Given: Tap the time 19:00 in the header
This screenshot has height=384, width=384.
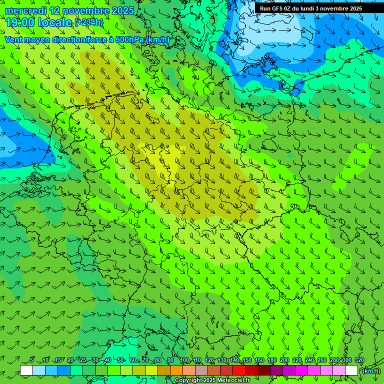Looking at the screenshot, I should (20, 22).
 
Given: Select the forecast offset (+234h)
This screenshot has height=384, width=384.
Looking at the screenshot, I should (88, 22).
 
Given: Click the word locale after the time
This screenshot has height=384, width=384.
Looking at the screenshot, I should (55, 22).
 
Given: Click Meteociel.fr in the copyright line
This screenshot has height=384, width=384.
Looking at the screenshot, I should (233, 380).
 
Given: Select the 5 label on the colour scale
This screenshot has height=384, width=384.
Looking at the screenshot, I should (31, 360).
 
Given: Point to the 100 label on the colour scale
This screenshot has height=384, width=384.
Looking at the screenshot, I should (184, 360).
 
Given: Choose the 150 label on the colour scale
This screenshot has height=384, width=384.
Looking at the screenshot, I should (247, 360).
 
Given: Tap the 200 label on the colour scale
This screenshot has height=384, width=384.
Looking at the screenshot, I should (284, 360).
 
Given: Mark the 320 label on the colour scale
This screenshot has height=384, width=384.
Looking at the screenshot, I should (359, 360).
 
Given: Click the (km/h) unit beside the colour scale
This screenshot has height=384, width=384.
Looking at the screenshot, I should (371, 371).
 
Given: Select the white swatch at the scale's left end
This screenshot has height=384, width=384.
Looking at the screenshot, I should (26, 370).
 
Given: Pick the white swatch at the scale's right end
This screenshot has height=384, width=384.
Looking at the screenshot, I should (351, 370).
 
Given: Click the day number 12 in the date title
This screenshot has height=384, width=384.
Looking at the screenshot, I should (56, 10).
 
